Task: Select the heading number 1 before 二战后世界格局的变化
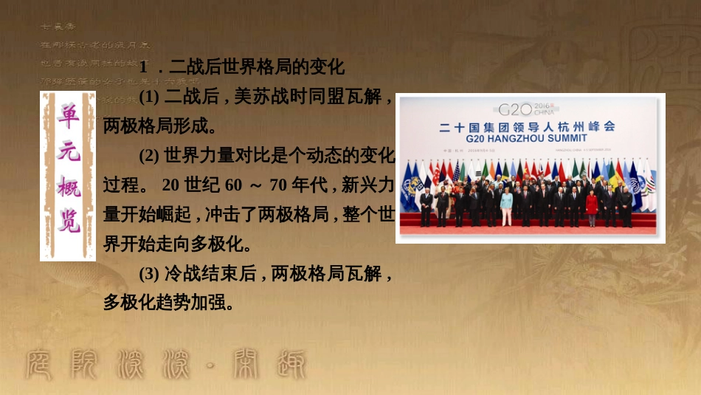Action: (145, 68)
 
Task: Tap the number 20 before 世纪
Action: (170, 185)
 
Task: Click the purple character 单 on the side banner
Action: (68, 114)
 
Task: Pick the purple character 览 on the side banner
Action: (68, 221)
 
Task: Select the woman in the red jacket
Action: (592, 205)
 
